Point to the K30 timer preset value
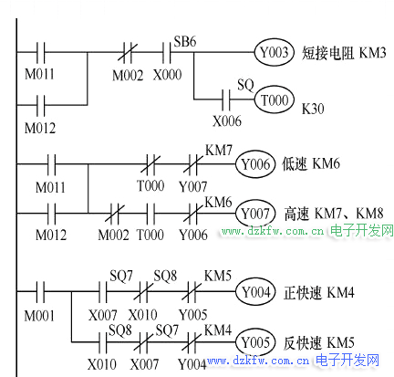(313, 109)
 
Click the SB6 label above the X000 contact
(185, 41)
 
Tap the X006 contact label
(227, 121)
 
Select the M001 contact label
(39, 316)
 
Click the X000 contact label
(167, 75)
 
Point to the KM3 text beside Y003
(372, 53)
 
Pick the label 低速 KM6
(311, 164)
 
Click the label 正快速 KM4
(319, 292)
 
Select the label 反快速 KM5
(319, 342)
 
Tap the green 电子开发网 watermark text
(362, 230)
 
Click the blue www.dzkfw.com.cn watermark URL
(258, 361)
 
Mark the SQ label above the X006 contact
(245, 85)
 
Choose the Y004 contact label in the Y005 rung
(192, 364)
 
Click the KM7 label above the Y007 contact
(219, 150)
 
